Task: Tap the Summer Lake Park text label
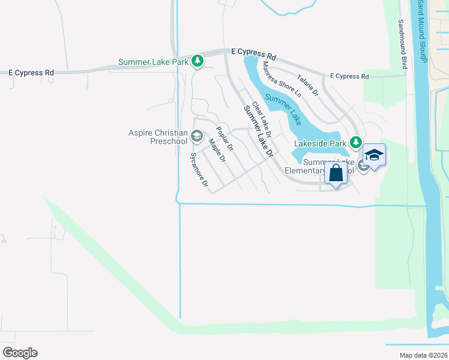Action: [x=154, y=62]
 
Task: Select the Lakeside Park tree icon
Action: [x=357, y=143]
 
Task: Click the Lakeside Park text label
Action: [x=321, y=144]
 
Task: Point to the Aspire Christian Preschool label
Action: [x=158, y=137]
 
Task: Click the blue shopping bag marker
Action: [x=337, y=173]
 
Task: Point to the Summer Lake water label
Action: [x=283, y=106]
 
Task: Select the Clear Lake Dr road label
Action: [x=262, y=118]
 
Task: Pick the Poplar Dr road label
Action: [x=224, y=138]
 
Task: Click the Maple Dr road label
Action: [x=217, y=151]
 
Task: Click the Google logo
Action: [x=20, y=353]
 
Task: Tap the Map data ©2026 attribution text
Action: [x=423, y=355]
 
